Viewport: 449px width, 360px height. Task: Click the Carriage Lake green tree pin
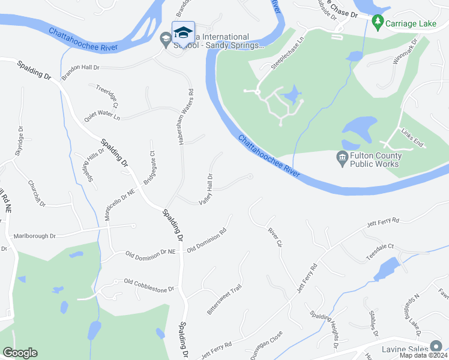(x=377, y=23)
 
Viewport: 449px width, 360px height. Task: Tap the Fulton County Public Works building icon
(x=343, y=159)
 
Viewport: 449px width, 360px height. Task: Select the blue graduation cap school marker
(x=184, y=32)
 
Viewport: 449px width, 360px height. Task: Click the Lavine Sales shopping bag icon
(x=436, y=348)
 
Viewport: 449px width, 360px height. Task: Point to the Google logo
(x=20, y=353)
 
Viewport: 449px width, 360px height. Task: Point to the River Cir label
(x=274, y=237)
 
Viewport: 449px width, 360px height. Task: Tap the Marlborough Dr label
(x=34, y=236)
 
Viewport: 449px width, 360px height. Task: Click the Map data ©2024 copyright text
(x=423, y=355)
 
